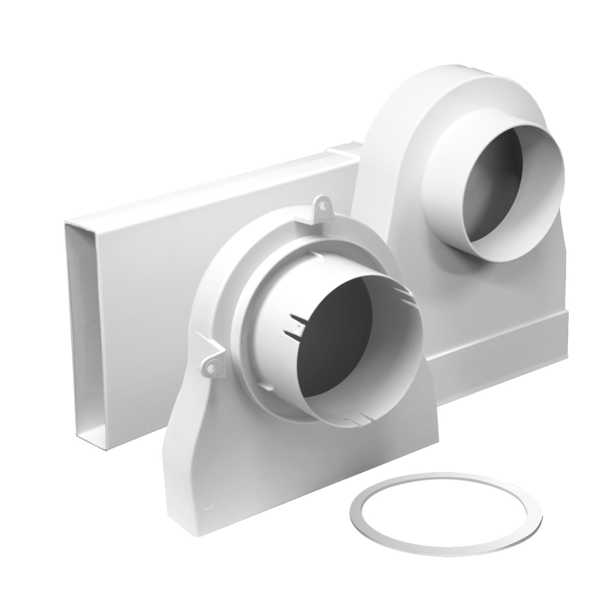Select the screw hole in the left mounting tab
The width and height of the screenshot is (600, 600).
pos(211,366)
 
